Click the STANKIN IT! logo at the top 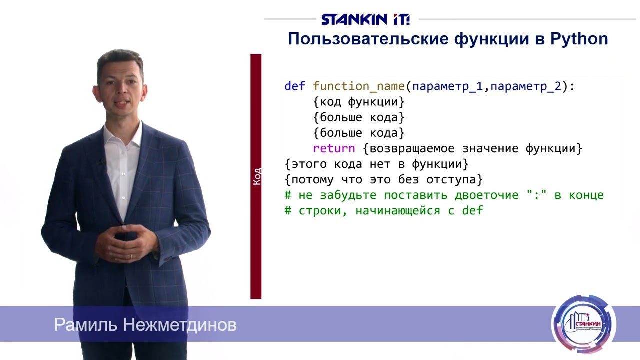point(365,19)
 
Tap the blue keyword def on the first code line point(294,86)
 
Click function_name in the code point(358,86)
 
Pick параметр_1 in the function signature point(448,86)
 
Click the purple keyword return point(334,148)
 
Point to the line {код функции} point(358,102)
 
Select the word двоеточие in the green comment point(487,195)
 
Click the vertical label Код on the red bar point(256,176)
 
